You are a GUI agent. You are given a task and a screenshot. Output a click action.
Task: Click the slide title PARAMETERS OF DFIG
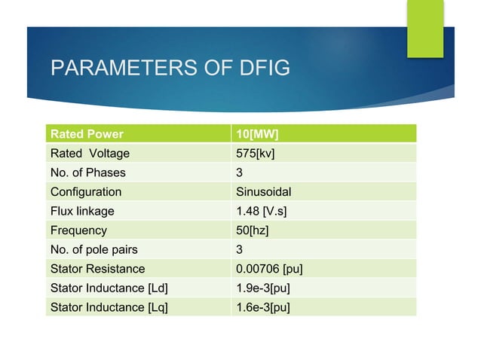click(x=170, y=69)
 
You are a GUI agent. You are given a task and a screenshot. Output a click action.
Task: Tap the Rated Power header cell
click(x=87, y=135)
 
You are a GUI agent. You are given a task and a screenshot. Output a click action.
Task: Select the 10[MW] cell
click(x=257, y=135)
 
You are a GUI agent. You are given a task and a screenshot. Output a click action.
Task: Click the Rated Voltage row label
click(x=90, y=154)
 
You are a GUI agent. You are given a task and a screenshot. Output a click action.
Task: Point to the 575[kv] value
click(x=256, y=154)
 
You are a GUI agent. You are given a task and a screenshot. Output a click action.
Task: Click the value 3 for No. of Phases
click(x=240, y=172)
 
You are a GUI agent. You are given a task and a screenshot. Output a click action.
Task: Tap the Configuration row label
click(x=85, y=192)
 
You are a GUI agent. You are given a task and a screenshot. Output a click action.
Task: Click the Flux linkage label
click(x=82, y=211)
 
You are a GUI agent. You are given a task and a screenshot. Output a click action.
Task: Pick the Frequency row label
click(x=78, y=230)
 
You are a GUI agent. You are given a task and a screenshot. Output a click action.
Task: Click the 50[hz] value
click(x=253, y=230)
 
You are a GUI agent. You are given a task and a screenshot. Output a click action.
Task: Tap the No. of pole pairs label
click(x=94, y=249)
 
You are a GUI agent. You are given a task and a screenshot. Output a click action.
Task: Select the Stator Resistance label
click(x=97, y=269)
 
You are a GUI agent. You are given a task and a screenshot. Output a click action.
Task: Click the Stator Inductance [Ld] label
click(x=109, y=288)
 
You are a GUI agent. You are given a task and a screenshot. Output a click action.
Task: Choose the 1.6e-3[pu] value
click(x=263, y=307)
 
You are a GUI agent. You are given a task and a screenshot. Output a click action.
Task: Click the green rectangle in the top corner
click(x=425, y=28)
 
